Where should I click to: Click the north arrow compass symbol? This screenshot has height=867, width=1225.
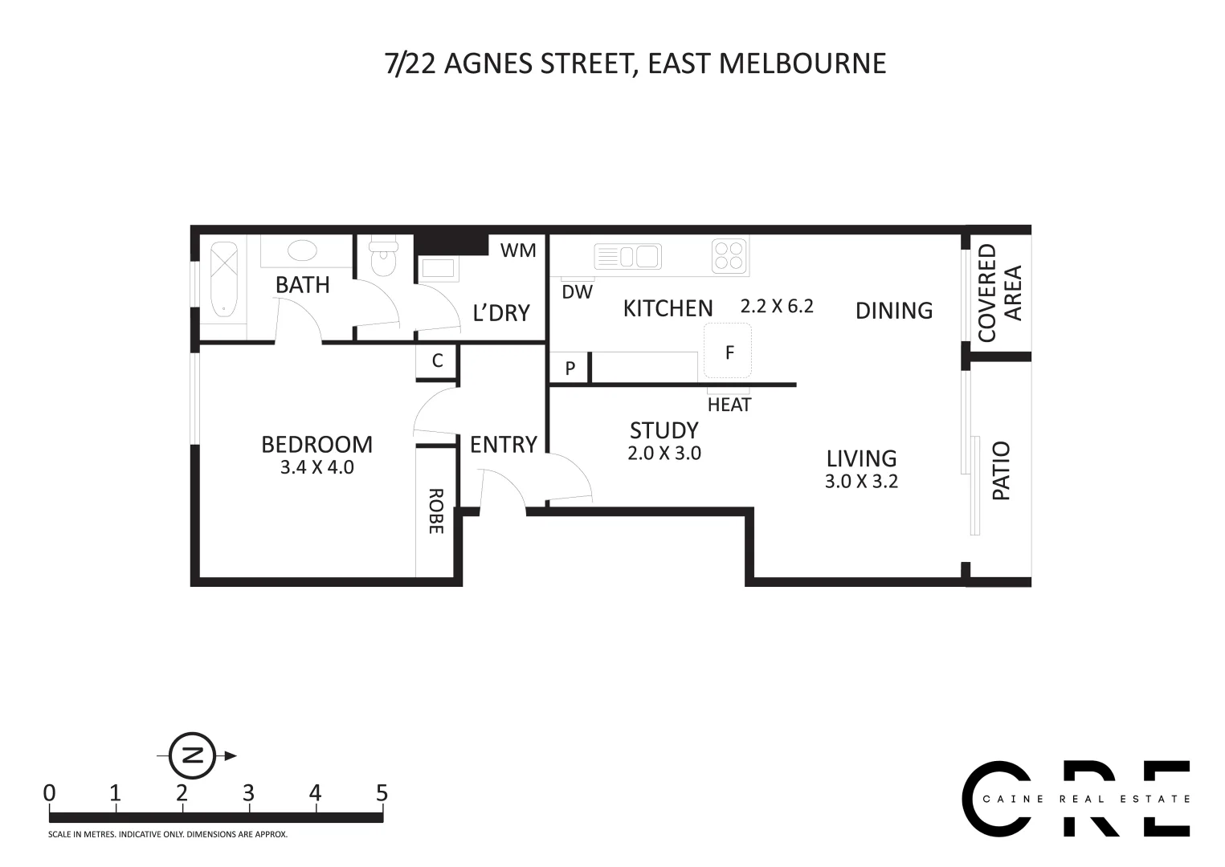pos(193,755)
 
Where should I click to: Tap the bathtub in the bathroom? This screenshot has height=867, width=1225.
pos(223,279)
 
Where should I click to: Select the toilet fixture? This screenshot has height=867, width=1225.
pos(383,257)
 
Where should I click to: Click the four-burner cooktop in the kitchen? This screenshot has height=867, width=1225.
pos(729,256)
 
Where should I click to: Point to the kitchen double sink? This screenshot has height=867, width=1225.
pos(627,257)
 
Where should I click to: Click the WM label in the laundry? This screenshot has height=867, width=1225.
pos(518,250)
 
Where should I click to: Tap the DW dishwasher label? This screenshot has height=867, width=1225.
pos(577,292)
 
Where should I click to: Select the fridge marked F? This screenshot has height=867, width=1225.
pos(729,351)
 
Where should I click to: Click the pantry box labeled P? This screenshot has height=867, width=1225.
pos(570,368)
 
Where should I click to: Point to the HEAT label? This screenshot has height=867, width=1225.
pos(729,405)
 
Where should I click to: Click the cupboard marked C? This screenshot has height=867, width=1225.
pos(437,360)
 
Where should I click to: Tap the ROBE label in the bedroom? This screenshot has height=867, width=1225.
pos(435,511)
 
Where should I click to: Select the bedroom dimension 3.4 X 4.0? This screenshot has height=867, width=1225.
pos(316,467)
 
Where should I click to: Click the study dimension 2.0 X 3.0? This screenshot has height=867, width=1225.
pos(664,453)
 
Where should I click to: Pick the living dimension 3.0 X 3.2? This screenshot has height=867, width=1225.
pos(861,481)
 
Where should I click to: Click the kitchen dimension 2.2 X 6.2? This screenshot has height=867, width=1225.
pos(777,306)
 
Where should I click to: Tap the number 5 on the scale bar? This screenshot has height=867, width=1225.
pos(382,793)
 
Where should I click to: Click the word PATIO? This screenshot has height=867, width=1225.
pos(1001,470)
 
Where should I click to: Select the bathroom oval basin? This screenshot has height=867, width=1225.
pos(303,250)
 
